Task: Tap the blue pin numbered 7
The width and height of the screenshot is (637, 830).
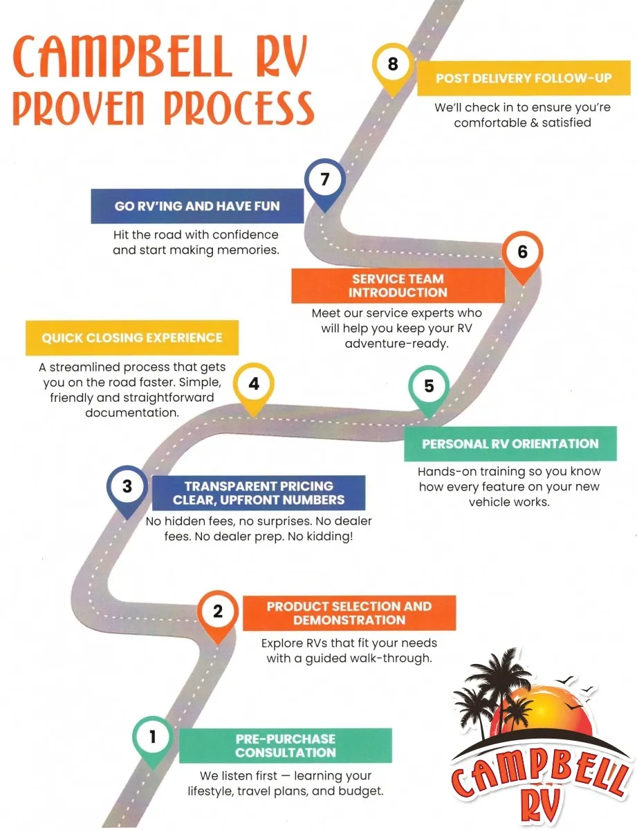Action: pyautogui.click(x=325, y=181)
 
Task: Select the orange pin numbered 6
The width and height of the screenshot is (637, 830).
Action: pyautogui.click(x=522, y=253)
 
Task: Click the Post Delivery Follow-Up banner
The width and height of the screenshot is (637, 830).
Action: pyautogui.click(x=524, y=78)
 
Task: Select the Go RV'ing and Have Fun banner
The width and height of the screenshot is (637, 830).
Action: pyautogui.click(x=197, y=206)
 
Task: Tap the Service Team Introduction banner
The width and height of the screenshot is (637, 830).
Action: pyautogui.click(x=398, y=286)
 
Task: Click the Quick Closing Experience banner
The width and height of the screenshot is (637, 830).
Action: pyautogui.click(x=132, y=338)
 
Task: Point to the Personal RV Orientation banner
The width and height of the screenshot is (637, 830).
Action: pyautogui.click(x=510, y=444)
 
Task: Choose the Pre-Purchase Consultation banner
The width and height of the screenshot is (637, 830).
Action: pyautogui.click(x=286, y=746)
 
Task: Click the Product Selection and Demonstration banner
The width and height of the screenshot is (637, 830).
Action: pyautogui.click(x=349, y=613)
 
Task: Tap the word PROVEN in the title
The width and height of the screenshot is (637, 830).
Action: pyautogui.click(x=78, y=108)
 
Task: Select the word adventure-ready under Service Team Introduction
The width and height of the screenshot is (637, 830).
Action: pyautogui.click(x=397, y=344)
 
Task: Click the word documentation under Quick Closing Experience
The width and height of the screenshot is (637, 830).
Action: pyautogui.click(x=132, y=413)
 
